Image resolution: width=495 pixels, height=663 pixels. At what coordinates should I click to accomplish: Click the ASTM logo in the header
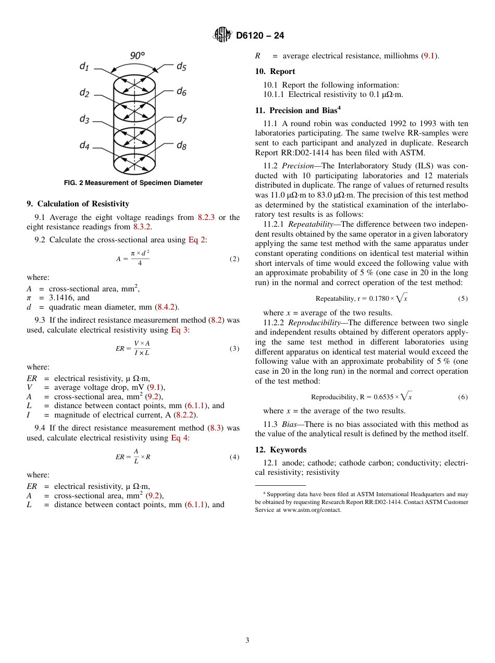click(x=222, y=35)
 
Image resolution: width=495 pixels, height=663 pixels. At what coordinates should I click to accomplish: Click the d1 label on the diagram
click(x=84, y=66)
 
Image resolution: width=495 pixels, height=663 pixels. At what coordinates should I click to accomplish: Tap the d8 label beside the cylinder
click(x=181, y=145)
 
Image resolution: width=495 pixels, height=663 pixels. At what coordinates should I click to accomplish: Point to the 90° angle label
click(x=137, y=55)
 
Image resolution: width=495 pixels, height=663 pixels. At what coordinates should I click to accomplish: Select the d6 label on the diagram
click(x=181, y=92)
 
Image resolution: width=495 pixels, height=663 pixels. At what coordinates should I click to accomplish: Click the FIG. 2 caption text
click(x=133, y=183)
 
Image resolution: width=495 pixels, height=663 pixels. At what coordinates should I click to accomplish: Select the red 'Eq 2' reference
click(x=197, y=240)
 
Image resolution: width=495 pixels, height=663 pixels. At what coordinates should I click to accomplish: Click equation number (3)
click(x=234, y=349)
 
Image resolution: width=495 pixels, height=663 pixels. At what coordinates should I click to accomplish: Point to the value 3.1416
click(x=62, y=298)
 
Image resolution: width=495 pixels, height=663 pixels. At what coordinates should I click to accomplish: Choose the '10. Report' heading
click(x=275, y=71)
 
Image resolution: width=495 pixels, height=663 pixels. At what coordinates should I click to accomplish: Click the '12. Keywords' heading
click(x=281, y=450)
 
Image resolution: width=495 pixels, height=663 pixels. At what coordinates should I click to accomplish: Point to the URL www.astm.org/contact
click(x=312, y=510)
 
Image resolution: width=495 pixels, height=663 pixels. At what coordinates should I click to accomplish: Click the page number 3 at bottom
click(x=247, y=640)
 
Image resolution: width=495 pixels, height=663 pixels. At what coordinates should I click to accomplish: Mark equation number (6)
click(x=463, y=397)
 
